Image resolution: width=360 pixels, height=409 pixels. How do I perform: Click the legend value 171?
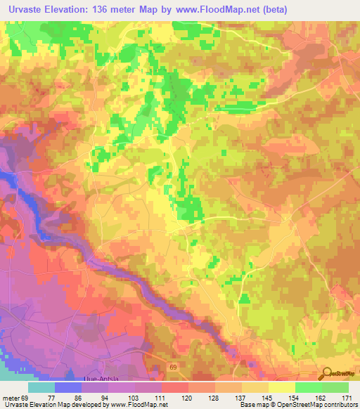[x=348, y=397]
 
